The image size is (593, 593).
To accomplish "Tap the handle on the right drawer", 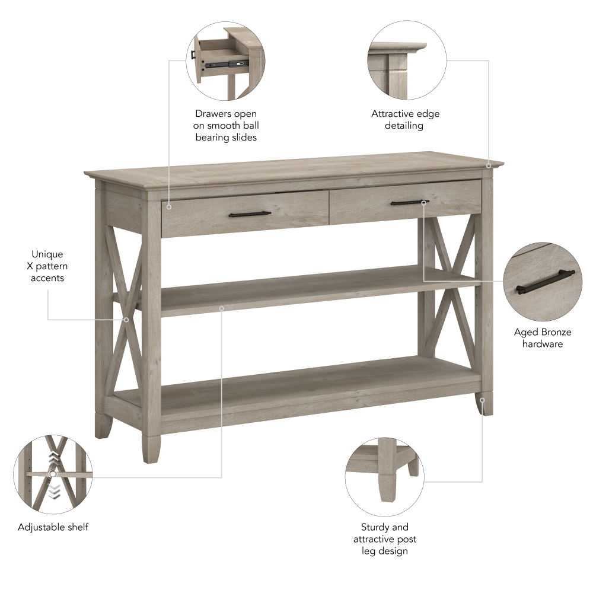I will pos(409,203).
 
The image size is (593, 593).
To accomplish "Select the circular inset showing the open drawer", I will pos(226,61).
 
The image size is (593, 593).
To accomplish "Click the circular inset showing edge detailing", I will pos(407,61).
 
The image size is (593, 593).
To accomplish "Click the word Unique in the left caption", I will pos(47,254).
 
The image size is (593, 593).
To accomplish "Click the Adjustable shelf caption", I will pos(53,527).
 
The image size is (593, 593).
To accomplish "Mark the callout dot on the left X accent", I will pos(126,320).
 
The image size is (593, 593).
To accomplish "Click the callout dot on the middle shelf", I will pos(221,308).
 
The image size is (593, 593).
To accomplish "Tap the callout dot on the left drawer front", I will pos(169,207).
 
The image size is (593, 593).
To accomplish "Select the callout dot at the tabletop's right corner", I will pos(489,166).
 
